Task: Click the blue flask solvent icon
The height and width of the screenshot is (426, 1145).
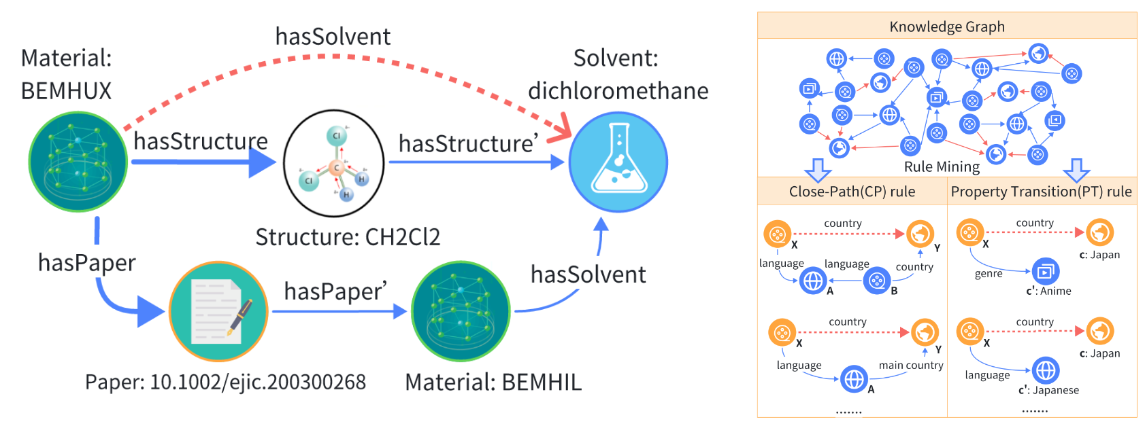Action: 618,162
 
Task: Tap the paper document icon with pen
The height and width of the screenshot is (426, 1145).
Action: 218,311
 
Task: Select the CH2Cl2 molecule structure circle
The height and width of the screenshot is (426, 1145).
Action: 334,163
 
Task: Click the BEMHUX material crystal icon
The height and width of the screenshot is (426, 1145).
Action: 78,162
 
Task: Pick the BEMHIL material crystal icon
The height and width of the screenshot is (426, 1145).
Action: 461,311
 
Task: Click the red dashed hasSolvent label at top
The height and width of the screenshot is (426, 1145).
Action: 333,37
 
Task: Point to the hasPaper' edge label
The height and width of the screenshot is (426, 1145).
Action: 335,291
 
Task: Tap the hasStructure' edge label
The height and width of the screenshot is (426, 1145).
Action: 468,144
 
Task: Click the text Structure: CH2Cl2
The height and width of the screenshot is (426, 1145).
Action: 348,237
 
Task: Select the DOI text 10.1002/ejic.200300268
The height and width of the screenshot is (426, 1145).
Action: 258,383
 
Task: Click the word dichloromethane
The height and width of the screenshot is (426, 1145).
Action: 618,91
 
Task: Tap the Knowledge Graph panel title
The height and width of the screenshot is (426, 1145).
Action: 946,26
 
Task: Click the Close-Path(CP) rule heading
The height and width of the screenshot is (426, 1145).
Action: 852,192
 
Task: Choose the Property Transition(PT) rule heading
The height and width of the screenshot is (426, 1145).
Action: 1041,192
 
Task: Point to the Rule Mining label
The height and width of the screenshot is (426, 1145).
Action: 942,167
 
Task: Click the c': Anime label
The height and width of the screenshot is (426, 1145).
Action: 1048,291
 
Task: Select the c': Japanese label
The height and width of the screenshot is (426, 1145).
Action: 1048,390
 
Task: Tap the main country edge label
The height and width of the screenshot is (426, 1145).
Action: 911,366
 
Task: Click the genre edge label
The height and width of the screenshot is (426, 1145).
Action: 989,274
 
